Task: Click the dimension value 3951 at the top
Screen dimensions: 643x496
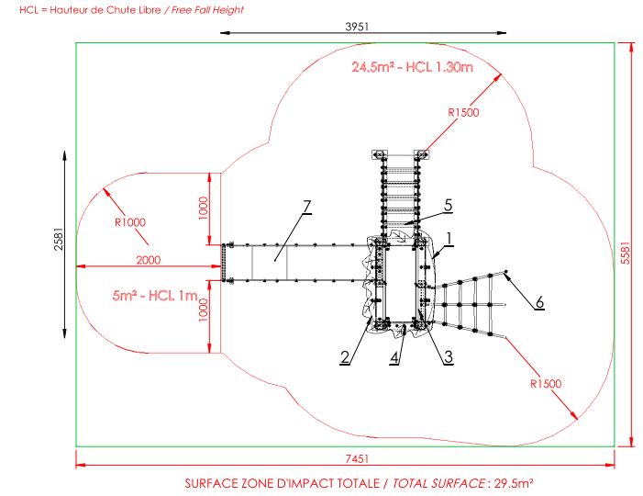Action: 357,27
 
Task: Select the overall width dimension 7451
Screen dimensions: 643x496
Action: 357,458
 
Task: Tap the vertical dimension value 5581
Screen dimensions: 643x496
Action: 625,253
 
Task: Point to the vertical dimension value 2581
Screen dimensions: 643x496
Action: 59,239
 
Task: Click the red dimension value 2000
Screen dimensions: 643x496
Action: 149,260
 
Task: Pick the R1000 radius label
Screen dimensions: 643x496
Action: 130,222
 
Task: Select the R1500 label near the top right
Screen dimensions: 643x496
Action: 463,112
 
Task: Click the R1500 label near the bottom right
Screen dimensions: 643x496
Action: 546,384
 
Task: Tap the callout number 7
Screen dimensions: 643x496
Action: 306,207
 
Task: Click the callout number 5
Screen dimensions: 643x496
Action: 449,205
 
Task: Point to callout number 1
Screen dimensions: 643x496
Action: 449,239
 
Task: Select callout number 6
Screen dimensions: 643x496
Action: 539,302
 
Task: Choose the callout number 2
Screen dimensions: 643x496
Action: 345,357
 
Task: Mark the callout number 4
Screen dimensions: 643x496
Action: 394,357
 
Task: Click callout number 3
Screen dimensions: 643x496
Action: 449,356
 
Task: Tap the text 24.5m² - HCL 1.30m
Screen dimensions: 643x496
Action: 412,67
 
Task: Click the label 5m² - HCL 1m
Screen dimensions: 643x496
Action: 155,296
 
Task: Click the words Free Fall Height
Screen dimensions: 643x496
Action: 207,10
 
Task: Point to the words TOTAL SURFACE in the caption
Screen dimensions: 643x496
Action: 438,484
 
